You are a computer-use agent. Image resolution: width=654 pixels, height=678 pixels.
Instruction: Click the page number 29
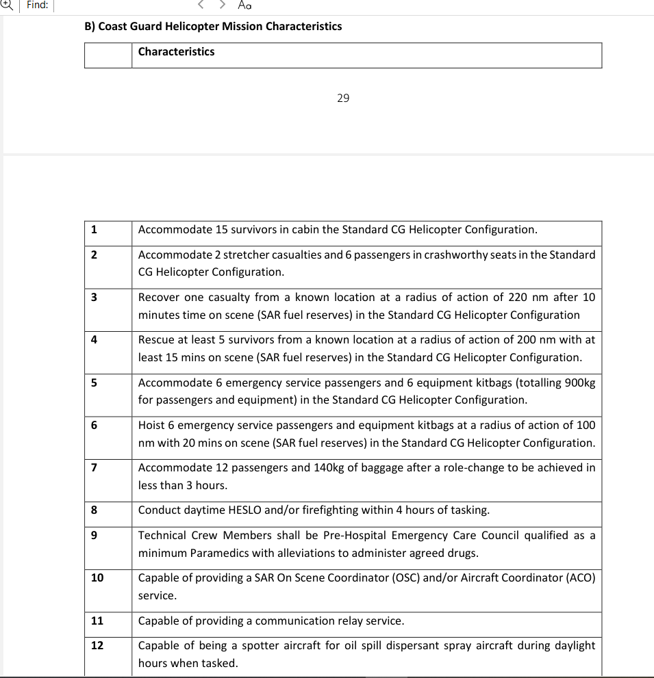tap(343, 98)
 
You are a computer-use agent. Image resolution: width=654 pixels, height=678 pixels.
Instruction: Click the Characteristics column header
tap(176, 52)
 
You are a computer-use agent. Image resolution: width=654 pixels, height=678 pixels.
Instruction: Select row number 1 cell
tap(94, 230)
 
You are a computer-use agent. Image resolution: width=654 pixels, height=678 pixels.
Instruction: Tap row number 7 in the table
tap(94, 468)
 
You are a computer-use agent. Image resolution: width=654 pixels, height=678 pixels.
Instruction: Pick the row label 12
tap(97, 646)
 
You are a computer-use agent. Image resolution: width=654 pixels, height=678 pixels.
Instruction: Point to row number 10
tap(97, 578)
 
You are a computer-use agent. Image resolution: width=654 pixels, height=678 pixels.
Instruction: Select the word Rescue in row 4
tap(156, 340)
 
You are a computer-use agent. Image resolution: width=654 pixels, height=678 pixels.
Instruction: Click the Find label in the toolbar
tap(38, 5)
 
